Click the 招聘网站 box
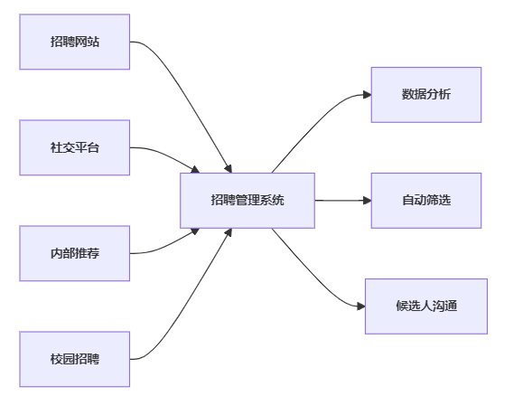[x=75, y=42]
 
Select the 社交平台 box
[x=75, y=147]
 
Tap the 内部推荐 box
[x=75, y=253]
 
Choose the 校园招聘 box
[x=75, y=359]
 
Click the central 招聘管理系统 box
[x=247, y=201]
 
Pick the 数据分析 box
[x=426, y=95]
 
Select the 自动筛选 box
[x=426, y=201]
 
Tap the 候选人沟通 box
[x=426, y=306]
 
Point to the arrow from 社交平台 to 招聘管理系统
[x=166, y=156]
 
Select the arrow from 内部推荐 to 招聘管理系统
[x=166, y=245]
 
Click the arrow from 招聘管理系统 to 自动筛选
[x=343, y=201]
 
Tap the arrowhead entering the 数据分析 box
[x=368, y=95]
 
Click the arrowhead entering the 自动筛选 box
[x=368, y=201]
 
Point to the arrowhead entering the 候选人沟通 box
[x=361, y=306]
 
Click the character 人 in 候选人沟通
[x=426, y=306]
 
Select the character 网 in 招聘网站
[x=80, y=42]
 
